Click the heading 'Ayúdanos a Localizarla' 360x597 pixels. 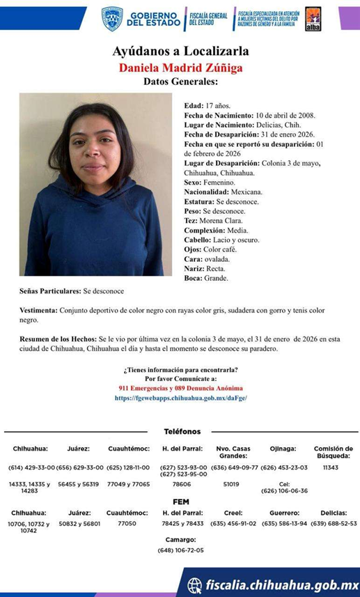point(180,51)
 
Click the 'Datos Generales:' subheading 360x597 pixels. point(180,82)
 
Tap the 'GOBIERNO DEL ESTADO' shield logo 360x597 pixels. point(112,18)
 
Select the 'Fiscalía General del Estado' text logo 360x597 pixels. point(208,18)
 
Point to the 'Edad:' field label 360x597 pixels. point(194,105)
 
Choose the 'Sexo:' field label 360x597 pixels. point(194,182)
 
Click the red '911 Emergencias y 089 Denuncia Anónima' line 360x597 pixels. point(180,388)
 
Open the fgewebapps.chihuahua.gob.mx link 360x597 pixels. point(180,398)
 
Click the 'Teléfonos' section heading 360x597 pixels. point(182,432)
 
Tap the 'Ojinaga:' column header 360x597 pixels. point(283,449)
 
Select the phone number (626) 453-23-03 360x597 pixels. point(283,467)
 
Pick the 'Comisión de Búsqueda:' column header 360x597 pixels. point(334,453)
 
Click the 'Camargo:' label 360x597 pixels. point(180,539)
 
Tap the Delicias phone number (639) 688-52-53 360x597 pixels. point(334,522)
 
